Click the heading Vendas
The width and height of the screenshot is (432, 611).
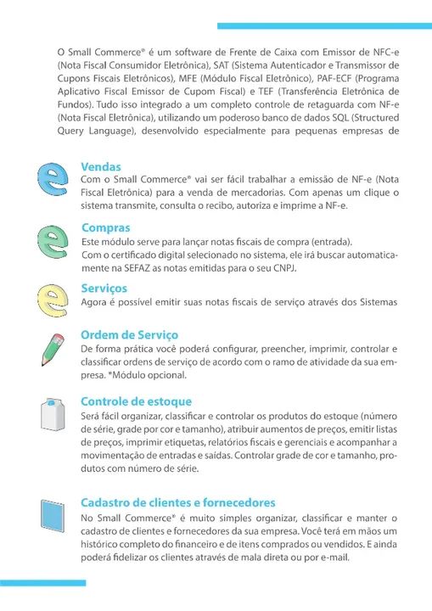click(x=101, y=168)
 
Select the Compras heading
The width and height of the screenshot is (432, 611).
click(x=105, y=227)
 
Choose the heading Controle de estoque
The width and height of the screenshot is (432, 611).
click(x=136, y=401)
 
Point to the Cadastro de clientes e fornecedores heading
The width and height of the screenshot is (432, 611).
click(x=177, y=502)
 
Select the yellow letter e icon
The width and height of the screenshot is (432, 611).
click(x=53, y=296)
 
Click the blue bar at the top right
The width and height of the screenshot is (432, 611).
click(x=324, y=26)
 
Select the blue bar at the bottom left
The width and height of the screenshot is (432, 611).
click(x=42, y=583)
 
